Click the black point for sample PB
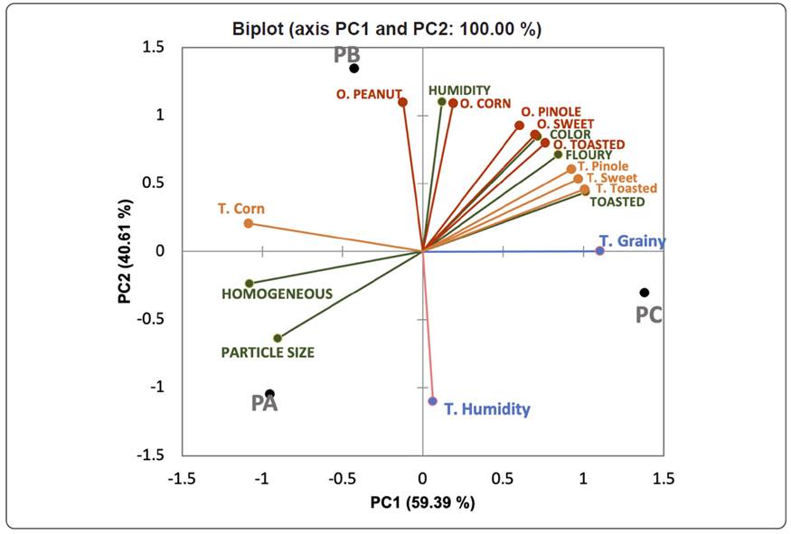click(354, 69)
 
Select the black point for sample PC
click(644, 293)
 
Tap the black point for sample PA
click(269, 394)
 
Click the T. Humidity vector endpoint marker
click(432, 401)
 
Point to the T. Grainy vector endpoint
click(599, 250)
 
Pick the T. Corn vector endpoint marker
click(248, 223)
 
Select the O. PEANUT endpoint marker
click(402, 102)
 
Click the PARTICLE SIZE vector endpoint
click(278, 339)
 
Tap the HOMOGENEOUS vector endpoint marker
click(250, 284)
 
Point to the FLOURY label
click(589, 155)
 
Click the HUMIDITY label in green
click(459, 90)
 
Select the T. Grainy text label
click(632, 241)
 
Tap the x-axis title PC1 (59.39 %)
click(422, 502)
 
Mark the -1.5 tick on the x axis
click(183, 477)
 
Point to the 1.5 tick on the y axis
click(164, 47)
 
